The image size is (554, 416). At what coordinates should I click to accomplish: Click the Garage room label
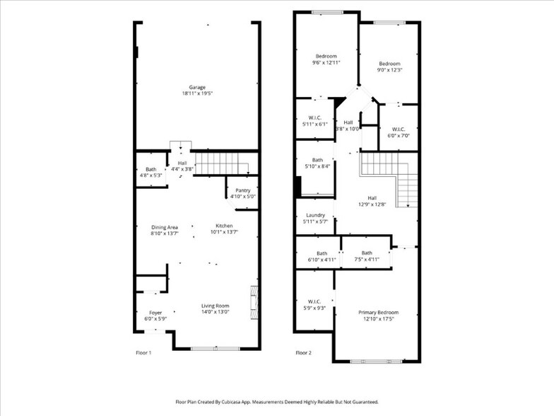pyautogui.click(x=196, y=87)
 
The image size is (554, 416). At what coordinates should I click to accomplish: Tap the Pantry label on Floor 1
pyautogui.click(x=243, y=190)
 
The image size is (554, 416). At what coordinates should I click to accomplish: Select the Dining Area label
pyautogui.click(x=164, y=227)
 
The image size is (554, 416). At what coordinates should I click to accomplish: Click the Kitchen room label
pyautogui.click(x=225, y=227)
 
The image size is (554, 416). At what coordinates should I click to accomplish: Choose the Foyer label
pyautogui.click(x=155, y=313)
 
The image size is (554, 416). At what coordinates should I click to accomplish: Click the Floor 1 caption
pyautogui.click(x=143, y=352)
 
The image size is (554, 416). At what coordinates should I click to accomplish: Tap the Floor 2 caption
pyautogui.click(x=303, y=352)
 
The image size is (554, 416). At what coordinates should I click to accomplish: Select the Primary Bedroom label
pyautogui.click(x=378, y=313)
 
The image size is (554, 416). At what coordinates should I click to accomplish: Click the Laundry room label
pyautogui.click(x=315, y=215)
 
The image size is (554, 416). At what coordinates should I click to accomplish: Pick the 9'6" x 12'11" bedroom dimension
pyautogui.click(x=326, y=63)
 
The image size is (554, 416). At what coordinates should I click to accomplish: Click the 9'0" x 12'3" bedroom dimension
pyautogui.click(x=389, y=70)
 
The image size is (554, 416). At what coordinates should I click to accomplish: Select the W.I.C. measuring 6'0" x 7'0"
pyautogui.click(x=399, y=135)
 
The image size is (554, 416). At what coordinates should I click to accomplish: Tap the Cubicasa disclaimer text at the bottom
pyautogui.click(x=277, y=401)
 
